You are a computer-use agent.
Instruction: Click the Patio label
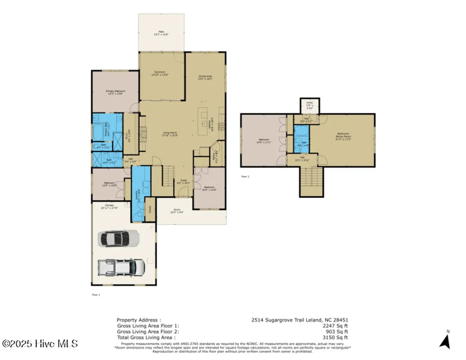click(x=161, y=33)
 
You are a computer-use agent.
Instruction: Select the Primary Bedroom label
click(x=116, y=92)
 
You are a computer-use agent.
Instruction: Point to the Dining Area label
click(x=205, y=77)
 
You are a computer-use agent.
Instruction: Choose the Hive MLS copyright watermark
click(x=39, y=344)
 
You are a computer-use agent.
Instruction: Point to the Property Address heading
click(x=138, y=320)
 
